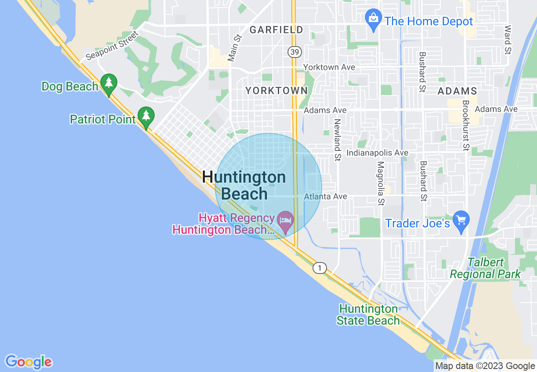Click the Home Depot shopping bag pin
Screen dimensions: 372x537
[x=373, y=19]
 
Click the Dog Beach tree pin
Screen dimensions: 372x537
[x=109, y=84]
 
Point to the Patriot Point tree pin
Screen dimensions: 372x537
[x=146, y=117]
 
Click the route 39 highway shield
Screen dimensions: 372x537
[x=294, y=52]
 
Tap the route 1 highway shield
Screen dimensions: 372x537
[x=320, y=268]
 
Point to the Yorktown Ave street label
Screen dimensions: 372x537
[x=329, y=68]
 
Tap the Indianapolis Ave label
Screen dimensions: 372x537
[x=377, y=153]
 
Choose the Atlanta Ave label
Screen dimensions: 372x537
[x=326, y=197]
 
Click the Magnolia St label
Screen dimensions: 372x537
[x=381, y=183]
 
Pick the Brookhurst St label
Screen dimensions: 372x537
[x=466, y=126]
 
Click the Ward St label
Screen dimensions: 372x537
[x=507, y=40]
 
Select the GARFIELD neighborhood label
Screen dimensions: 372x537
[x=276, y=30]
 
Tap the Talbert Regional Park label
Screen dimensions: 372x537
[x=485, y=268]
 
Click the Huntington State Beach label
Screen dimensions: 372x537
[x=368, y=315]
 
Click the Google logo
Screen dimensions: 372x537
[x=28, y=362]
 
